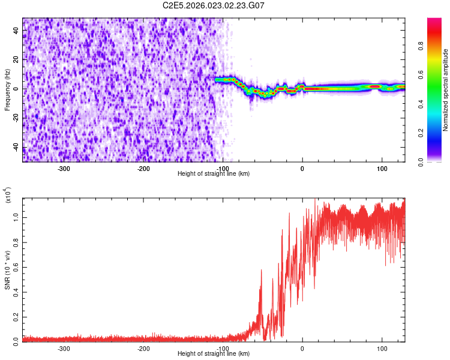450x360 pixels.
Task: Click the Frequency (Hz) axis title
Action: (8, 90)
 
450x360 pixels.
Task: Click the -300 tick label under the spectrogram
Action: (64, 168)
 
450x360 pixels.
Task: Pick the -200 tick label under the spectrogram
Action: (143, 168)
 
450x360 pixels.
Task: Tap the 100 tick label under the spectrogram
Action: (382, 168)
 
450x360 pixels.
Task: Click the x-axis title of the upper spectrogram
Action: (214, 174)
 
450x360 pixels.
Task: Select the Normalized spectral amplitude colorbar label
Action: (446, 90)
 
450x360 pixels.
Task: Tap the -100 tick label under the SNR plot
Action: (223, 349)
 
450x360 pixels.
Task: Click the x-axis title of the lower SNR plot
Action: (214, 354)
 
